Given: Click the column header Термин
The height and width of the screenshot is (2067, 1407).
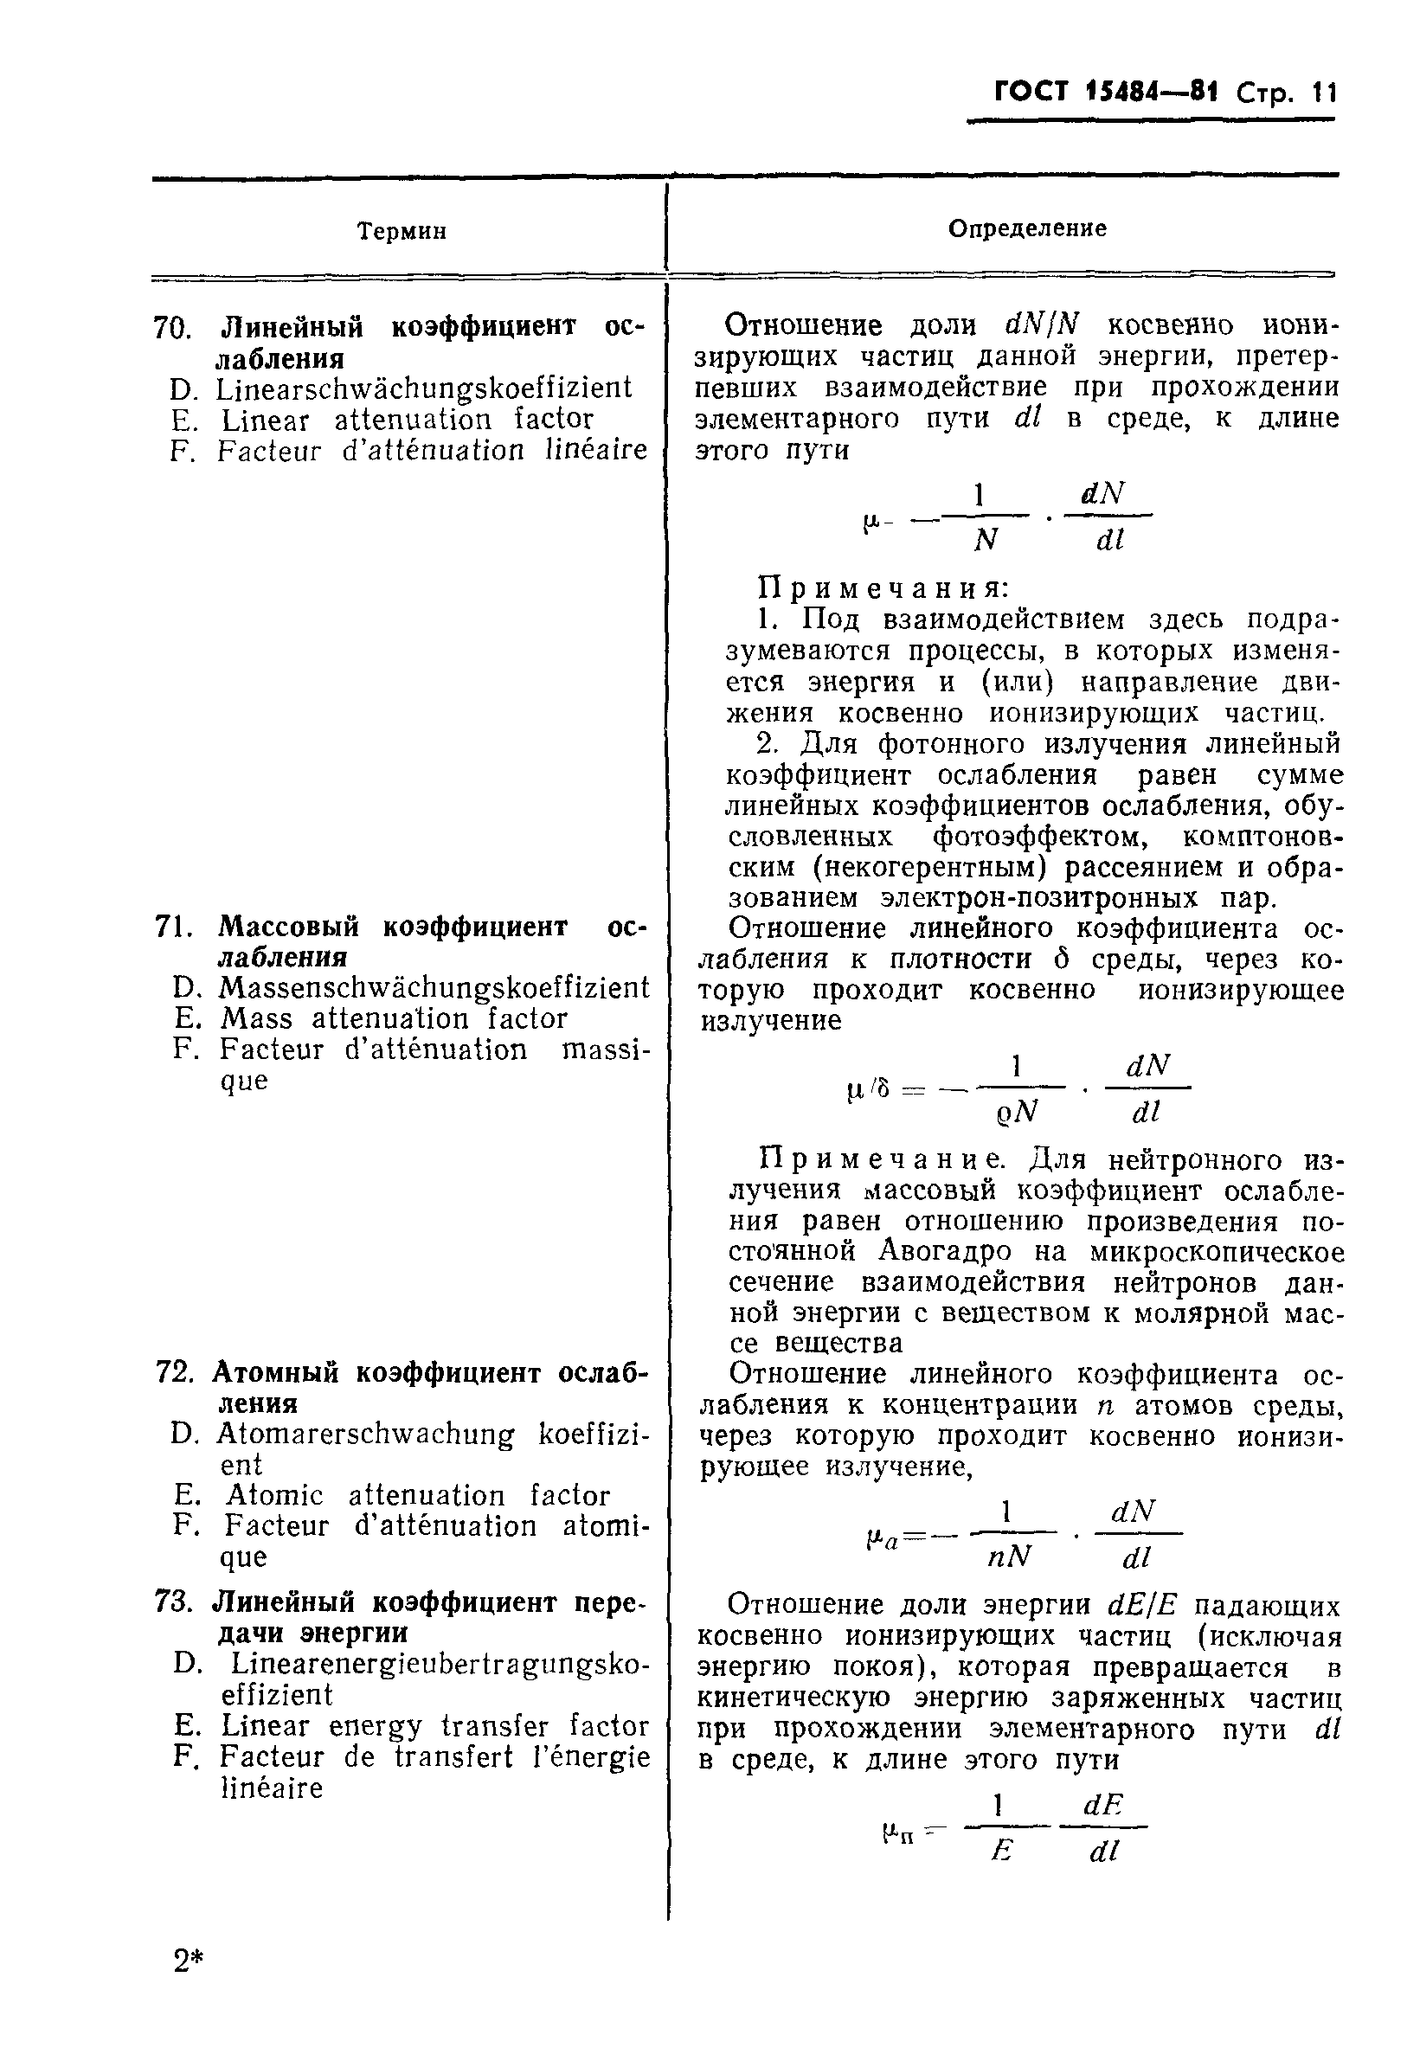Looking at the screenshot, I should (402, 231).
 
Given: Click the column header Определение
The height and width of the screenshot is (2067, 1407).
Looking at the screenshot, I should (1026, 228).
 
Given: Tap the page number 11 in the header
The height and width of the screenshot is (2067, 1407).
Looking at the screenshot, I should (1323, 93).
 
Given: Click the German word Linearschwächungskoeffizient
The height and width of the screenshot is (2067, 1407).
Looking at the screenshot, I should (423, 388).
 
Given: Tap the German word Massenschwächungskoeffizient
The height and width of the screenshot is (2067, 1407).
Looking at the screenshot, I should (434, 987).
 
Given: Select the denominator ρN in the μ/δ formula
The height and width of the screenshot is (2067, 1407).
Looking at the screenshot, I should (1017, 1111).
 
